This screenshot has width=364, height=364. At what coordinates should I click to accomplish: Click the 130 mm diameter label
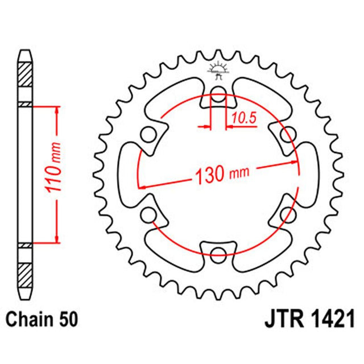(218, 175)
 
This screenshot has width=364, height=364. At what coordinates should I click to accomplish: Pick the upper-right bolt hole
(288, 135)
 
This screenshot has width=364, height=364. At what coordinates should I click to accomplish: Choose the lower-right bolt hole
(288, 214)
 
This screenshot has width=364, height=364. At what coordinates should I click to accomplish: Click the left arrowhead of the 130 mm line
(142, 185)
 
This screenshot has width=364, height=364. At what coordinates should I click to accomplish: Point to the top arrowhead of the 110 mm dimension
(56, 109)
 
